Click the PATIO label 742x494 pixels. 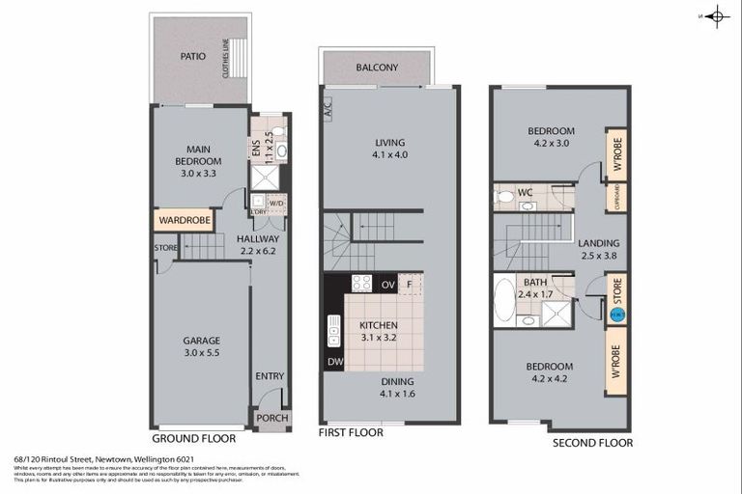pos(193,56)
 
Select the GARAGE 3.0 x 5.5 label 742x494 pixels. pos(202,345)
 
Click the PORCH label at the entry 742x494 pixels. pos(271,418)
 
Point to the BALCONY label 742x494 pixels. pos(377,68)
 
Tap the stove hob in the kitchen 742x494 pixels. pos(361,283)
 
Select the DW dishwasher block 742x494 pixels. pos(334,361)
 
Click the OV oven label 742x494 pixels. pos(387,284)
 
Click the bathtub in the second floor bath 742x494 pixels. pos(503,299)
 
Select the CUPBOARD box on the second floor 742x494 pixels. pos(616,197)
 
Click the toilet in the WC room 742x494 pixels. pos(503,196)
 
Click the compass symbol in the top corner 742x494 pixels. pos(716,15)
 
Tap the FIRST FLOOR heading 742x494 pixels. pos(351,433)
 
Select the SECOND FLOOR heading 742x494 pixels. pos(592,443)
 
